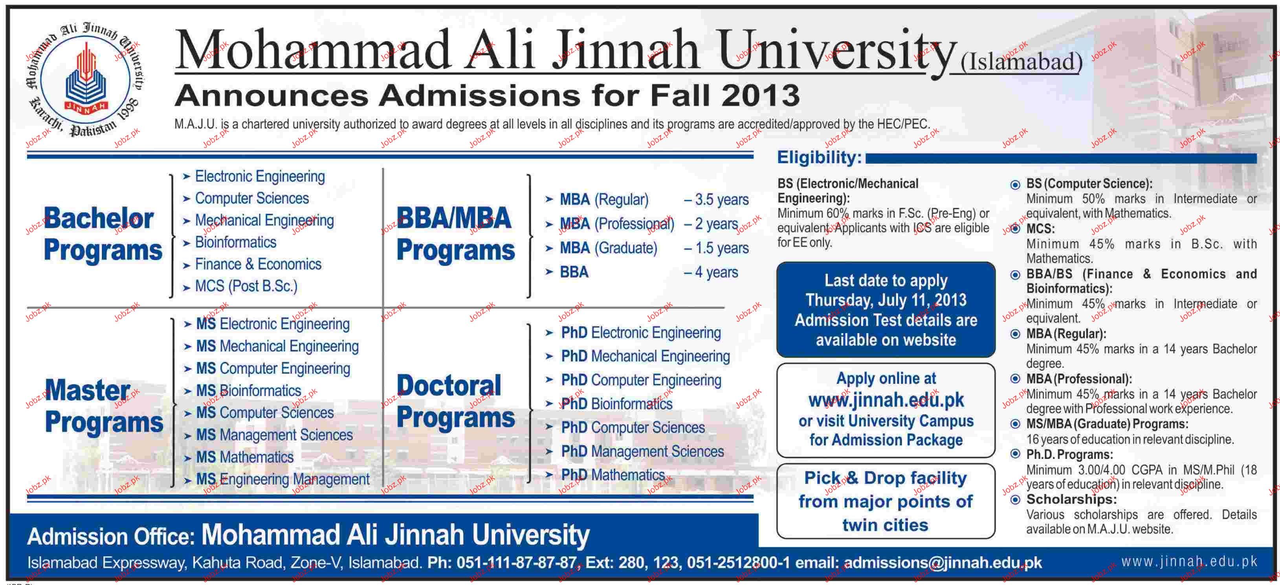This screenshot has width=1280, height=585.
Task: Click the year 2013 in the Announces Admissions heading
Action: pos(760,95)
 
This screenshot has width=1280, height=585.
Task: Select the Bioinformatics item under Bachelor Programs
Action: pos(235,242)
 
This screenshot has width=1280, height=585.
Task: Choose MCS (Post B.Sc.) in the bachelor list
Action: pos(246,286)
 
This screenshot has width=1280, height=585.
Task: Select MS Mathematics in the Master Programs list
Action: pos(245,457)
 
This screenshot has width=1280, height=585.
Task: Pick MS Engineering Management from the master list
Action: pos(283,479)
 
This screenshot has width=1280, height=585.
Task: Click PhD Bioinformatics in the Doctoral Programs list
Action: pos(617,403)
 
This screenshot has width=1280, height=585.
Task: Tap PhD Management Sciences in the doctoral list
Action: pos(642,451)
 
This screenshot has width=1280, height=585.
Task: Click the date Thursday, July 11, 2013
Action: pos(886,300)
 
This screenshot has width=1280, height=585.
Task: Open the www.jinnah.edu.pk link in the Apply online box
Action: pos(886,400)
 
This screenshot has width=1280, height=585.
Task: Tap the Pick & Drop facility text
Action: pos(886,478)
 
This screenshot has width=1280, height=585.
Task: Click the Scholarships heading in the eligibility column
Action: pos(1071,499)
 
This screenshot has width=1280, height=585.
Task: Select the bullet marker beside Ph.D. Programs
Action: pos(1016,454)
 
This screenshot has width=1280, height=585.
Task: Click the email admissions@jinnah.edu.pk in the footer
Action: pos(943,563)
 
